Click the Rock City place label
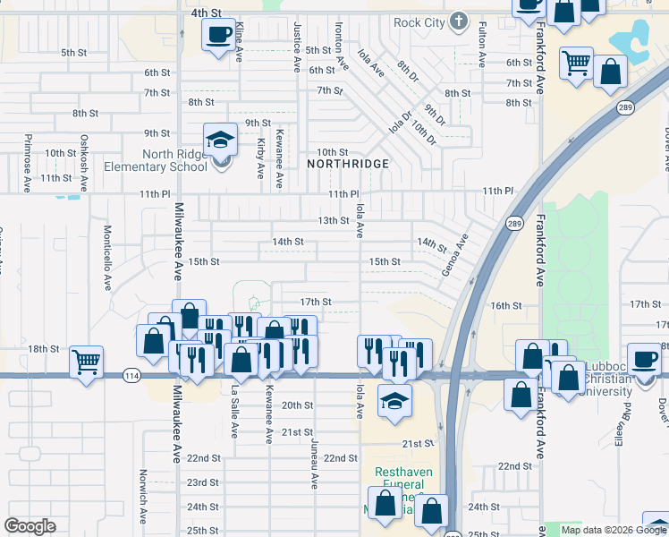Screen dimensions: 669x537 419,21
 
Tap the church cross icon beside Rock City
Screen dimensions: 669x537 459,21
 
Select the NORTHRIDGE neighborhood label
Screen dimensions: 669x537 348,165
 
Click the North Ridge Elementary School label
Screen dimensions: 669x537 156,160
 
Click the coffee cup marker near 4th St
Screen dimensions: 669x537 218,36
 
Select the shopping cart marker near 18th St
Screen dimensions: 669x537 87,362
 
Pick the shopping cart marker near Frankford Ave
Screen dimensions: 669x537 577,64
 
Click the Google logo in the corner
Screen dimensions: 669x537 30,526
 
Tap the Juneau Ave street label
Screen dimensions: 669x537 314,463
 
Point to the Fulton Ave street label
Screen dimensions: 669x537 481,45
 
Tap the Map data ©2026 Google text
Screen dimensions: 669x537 613,530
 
